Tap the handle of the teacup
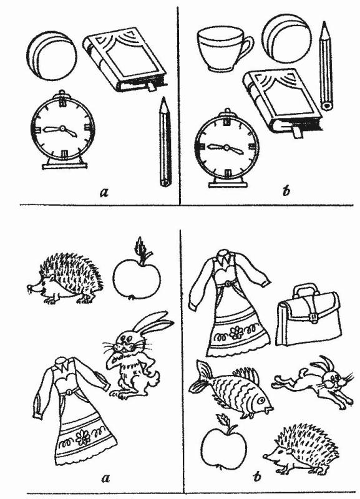[248, 46]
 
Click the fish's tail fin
[200, 376]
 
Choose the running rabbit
[313, 381]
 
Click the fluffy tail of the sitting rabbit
[154, 379]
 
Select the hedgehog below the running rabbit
[301, 449]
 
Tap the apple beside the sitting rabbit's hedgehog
[137, 274]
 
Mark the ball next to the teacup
[286, 38]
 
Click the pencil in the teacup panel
[326, 66]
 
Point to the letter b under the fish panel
[256, 477]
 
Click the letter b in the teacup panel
[286, 191]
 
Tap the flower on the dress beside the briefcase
[236, 333]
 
